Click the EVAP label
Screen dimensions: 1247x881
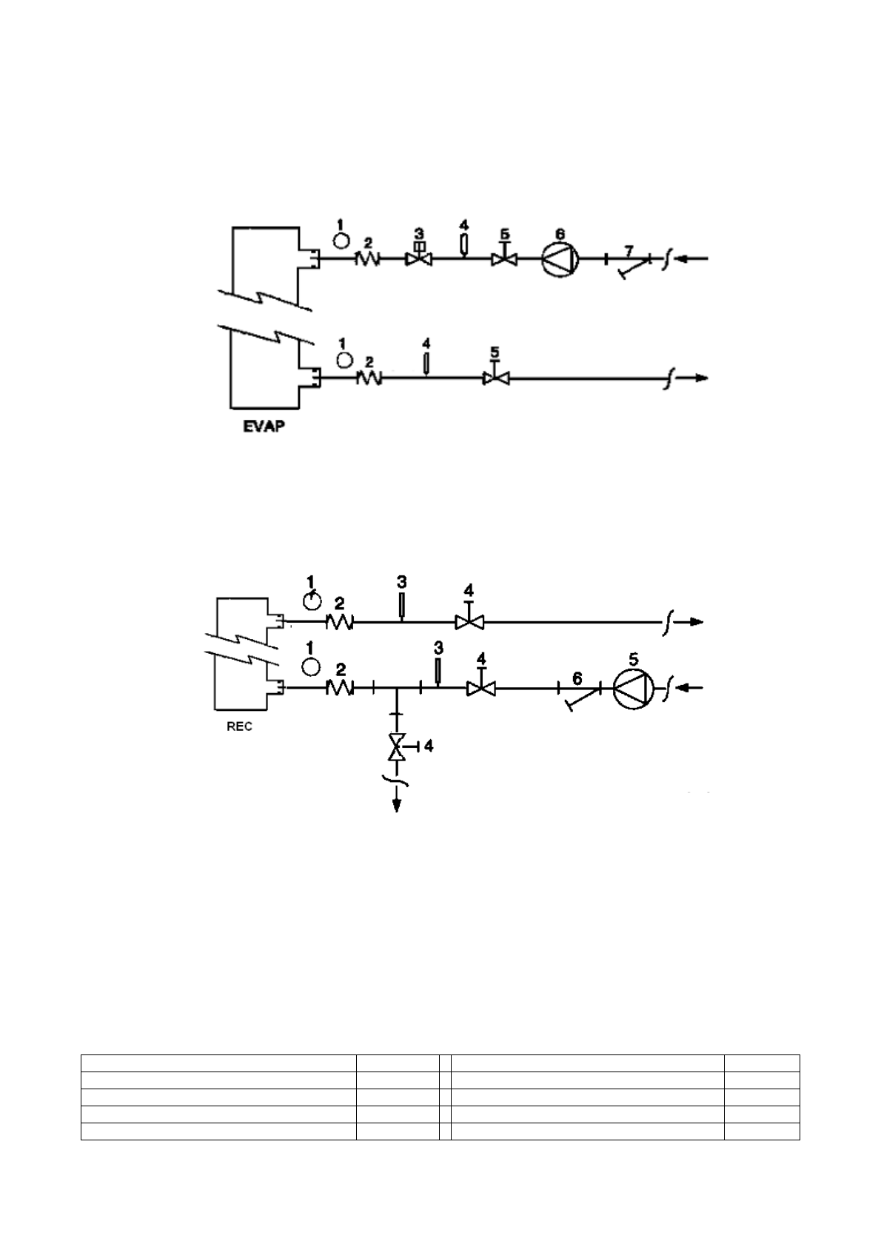[x=264, y=427]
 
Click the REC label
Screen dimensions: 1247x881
[x=239, y=726]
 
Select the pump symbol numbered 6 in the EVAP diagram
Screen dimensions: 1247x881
[x=560, y=259]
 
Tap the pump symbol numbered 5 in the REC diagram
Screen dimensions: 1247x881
[x=634, y=689]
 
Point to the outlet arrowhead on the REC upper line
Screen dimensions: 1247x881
[x=697, y=623]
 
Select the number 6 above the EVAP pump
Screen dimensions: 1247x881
[x=560, y=233]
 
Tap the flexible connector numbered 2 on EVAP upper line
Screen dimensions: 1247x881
[x=368, y=259]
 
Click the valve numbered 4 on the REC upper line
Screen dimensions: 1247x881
[x=468, y=623]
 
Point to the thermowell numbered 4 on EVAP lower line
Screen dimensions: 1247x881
[x=426, y=364]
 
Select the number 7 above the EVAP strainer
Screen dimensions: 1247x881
[x=629, y=245]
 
